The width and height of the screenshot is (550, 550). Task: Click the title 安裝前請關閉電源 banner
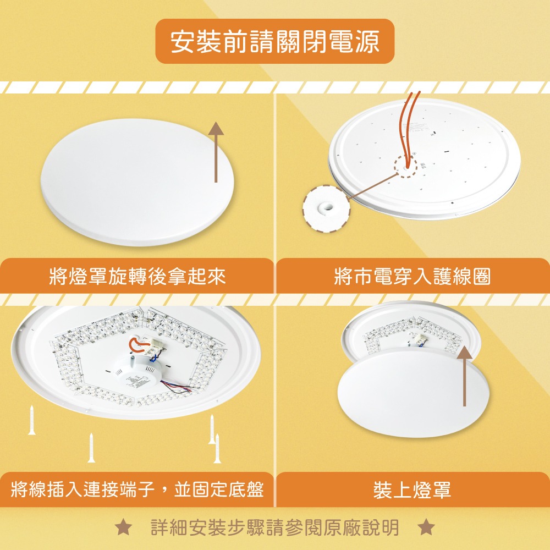tap(275, 41)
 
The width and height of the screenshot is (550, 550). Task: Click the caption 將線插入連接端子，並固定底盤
tap(137, 489)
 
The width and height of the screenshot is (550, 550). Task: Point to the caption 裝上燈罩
tap(412, 489)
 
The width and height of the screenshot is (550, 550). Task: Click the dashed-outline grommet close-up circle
tap(326, 208)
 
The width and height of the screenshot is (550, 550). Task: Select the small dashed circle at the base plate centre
tap(406, 166)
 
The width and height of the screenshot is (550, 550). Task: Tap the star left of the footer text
tap(124, 528)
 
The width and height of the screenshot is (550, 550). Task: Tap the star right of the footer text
tap(426, 528)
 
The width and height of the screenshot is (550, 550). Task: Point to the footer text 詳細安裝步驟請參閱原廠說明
tap(275, 528)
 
